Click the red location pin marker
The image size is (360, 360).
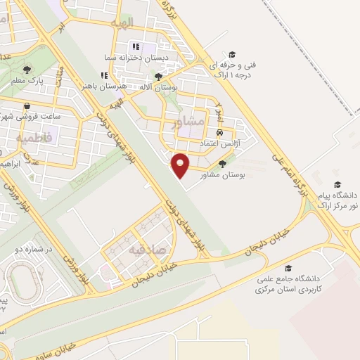coord(181,165)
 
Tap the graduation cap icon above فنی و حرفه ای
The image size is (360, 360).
coord(232,53)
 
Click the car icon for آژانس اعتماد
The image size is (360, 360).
coord(220,132)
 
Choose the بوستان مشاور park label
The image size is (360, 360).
coord(221,174)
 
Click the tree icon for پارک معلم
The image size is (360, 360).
coord(27,70)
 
